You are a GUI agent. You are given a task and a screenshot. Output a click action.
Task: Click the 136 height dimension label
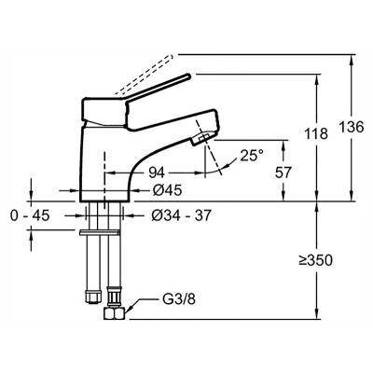pyautogui.click(x=351, y=127)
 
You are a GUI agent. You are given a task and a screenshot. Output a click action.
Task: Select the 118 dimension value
pyautogui.click(x=316, y=133)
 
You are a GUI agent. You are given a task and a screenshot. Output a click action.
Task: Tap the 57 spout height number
pyautogui.click(x=283, y=173)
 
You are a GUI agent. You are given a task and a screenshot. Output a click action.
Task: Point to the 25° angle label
pyautogui.click(x=252, y=155)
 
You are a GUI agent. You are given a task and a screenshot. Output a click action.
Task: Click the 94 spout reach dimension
pyautogui.click(x=157, y=173)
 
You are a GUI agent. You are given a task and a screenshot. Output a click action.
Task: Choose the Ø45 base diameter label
pyautogui.click(x=167, y=190)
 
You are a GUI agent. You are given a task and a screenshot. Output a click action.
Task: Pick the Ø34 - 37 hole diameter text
pyautogui.click(x=182, y=215)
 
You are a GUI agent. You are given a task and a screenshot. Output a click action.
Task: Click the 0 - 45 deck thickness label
pyautogui.click(x=30, y=215)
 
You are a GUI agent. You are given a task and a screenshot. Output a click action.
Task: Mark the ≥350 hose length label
pyautogui.click(x=315, y=260)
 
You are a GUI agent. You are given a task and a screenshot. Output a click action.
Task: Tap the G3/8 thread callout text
pyautogui.click(x=179, y=299)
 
